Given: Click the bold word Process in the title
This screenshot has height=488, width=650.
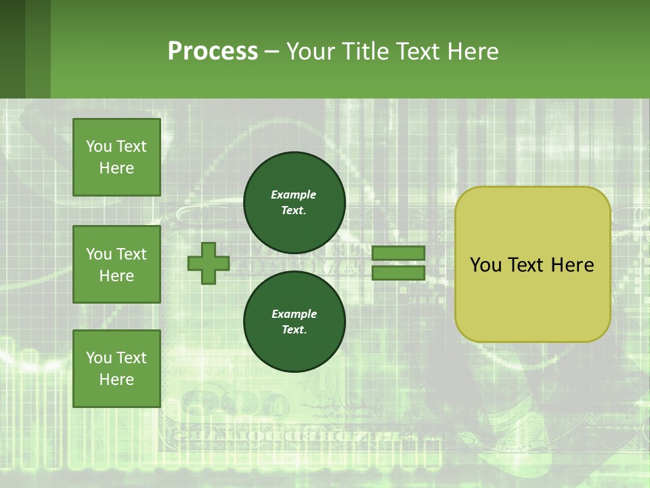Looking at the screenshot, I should coord(213,52).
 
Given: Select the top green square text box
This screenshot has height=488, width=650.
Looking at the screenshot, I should coord(116,157).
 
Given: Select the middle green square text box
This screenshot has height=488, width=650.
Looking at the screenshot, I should coord(116,264).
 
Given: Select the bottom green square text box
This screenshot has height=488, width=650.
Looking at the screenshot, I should coord(116,369).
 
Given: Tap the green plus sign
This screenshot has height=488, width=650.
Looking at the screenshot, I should coord(208,263).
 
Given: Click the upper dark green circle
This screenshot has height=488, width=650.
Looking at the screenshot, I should coord(294,202).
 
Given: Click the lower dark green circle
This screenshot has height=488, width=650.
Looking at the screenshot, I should coord(294,321).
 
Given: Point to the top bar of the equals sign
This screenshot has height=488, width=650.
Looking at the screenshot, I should coord(398,253).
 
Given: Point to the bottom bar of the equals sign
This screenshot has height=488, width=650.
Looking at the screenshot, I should coord(398,273).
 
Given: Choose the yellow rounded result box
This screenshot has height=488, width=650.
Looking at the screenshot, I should coord(532,264).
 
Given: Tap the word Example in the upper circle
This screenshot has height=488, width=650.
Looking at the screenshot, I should coord(294,195).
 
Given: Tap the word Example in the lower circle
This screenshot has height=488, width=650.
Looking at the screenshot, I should coord(294,314).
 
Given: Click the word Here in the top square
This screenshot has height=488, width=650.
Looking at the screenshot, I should coord(116,168).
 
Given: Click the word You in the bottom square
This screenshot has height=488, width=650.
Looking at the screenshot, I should coord(99,358).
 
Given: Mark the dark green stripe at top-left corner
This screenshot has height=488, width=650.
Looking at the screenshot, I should coord(12,49).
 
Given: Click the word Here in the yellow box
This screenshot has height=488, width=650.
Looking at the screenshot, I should coord(572,265).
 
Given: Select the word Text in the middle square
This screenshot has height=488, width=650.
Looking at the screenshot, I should coord(131,254).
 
